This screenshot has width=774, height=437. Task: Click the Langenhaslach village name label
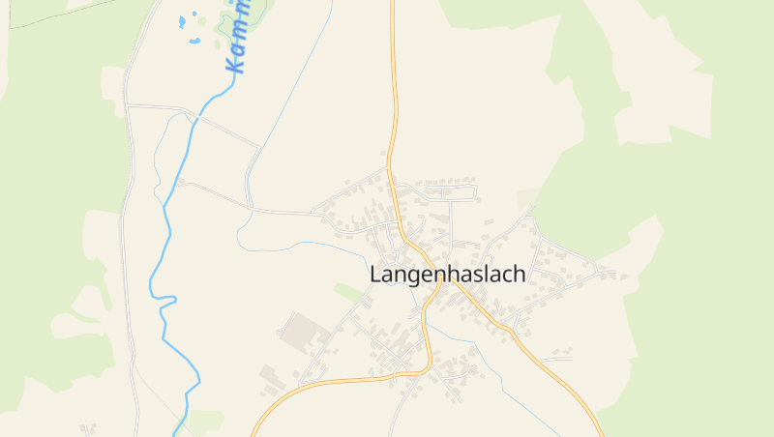(448, 275)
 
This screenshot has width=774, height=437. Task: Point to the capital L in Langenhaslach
(376, 275)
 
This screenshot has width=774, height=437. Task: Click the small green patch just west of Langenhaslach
(347, 290)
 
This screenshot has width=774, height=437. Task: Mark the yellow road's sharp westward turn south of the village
(426, 368)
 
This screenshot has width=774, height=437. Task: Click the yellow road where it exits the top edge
(393, 4)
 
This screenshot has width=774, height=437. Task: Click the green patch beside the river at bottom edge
(206, 422)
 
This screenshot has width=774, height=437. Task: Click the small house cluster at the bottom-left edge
(89, 427)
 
